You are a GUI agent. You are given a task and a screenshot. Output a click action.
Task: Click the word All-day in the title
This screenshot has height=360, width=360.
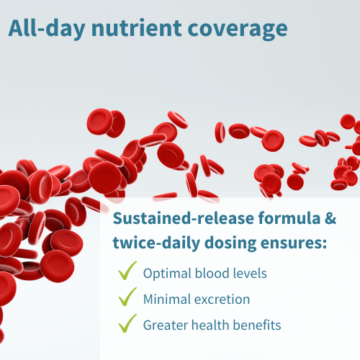pos(47,28)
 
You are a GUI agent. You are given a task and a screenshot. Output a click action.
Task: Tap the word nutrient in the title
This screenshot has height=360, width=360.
pos(137,28)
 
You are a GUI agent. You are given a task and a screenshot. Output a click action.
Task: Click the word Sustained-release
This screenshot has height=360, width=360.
pos(184,218)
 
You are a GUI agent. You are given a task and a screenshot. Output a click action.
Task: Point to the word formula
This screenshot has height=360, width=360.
pos(289,218)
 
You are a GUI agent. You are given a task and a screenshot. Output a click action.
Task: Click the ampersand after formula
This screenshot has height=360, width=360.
pos(330,219)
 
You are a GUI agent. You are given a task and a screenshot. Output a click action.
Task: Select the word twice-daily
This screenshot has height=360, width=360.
pos(156,243)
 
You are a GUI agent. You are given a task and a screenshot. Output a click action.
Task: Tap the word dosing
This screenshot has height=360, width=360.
pos(230,243)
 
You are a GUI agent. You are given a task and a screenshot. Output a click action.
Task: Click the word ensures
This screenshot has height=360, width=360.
pos(294,243)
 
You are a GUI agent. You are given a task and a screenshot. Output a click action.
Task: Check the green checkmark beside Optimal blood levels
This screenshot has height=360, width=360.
pos(127,271)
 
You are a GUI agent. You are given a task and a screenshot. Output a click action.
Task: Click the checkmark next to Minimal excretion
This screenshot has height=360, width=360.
pos(127,297)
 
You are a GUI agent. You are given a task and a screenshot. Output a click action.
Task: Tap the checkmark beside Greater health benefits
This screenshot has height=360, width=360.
pos(127,323)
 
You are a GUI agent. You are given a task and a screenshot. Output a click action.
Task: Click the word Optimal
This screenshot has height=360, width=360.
pos(167,274)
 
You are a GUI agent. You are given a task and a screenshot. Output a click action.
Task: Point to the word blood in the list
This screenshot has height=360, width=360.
pos(212,273)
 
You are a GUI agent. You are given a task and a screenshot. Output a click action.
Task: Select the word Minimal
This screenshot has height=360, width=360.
pos(167,300)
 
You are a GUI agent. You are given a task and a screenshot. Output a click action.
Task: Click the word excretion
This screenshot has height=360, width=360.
pos(222,300)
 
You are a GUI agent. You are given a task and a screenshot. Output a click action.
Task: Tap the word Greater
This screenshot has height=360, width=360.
pos(166,325)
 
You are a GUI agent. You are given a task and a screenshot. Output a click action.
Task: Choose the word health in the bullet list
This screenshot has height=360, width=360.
pos(210,325)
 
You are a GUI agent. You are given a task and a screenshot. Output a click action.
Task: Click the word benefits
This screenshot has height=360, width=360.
pos(257,325)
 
